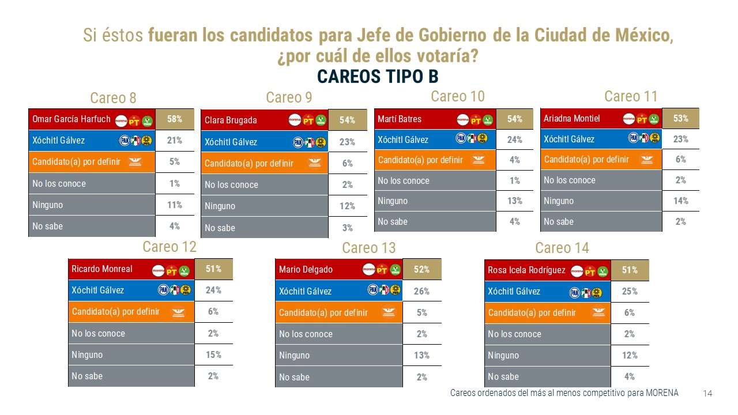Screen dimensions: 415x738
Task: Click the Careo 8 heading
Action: click(113, 97)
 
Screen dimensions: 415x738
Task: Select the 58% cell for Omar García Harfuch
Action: click(174, 119)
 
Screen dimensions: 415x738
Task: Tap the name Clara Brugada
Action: click(231, 120)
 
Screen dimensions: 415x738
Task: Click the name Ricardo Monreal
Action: click(102, 269)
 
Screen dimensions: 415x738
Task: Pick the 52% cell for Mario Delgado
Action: click(421, 269)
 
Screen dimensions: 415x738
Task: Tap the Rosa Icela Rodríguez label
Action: click(526, 270)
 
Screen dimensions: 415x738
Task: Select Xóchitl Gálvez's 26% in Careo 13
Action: click(421, 291)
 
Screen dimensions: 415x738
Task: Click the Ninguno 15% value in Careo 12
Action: click(213, 354)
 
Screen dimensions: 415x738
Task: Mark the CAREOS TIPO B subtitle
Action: click(378, 76)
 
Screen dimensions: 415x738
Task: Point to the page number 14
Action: click(707, 393)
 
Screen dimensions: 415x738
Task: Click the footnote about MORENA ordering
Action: click(564, 393)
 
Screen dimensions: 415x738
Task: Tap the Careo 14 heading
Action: click(562, 248)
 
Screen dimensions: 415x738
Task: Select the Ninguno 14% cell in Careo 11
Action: click(680, 201)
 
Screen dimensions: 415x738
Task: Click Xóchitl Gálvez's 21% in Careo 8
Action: click(174, 140)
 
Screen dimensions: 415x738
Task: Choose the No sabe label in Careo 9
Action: click(220, 228)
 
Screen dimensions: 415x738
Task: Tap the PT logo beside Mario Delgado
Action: click(382, 269)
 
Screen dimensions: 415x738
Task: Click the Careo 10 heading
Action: click(458, 96)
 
